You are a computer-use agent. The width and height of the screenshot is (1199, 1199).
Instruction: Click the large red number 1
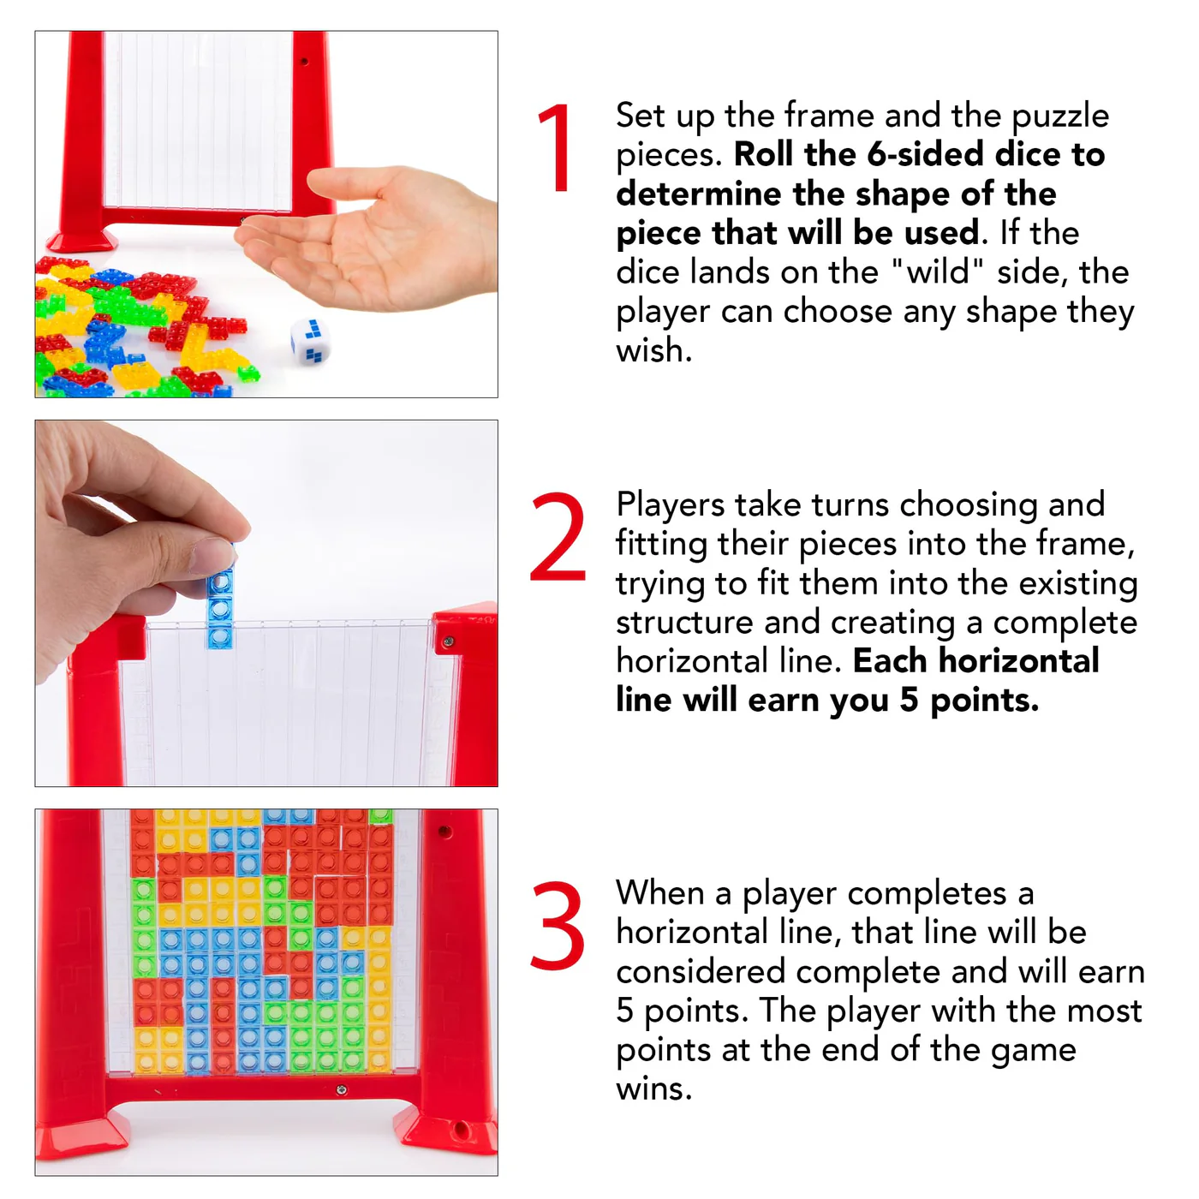[556, 147]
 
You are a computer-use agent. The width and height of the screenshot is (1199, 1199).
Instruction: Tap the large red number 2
[558, 536]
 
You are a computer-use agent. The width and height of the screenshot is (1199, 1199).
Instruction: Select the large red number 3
[558, 925]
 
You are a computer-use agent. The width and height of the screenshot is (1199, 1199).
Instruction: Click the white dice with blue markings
[309, 341]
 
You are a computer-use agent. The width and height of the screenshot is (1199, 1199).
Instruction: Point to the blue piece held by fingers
[220, 606]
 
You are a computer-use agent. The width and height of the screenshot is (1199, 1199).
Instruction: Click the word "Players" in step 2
[670, 504]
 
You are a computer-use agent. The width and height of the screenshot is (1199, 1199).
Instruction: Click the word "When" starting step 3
[660, 893]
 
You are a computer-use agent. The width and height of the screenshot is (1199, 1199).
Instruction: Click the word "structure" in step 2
[683, 623]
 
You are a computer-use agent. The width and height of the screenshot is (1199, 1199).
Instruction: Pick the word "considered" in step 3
[701, 971]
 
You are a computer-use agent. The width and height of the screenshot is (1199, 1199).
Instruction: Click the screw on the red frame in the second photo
[447, 641]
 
